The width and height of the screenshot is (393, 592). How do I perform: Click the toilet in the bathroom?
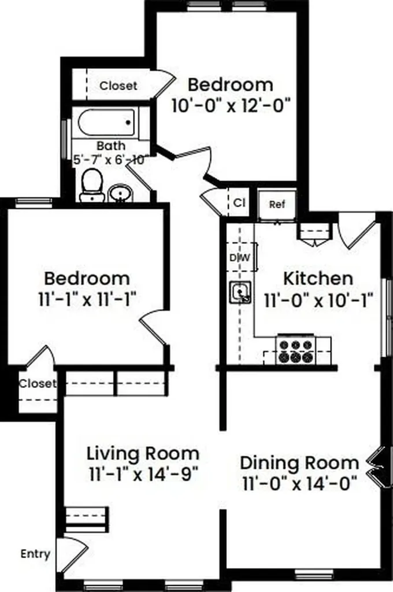tap(92, 185)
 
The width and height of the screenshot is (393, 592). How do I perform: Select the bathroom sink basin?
tap(121, 194)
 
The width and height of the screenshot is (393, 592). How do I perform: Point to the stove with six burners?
tap(296, 350)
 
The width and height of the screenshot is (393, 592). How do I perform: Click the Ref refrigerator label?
tap(277, 205)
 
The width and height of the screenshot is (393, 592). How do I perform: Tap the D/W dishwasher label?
tap(240, 258)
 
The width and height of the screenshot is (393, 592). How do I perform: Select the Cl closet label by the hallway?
tap(239, 203)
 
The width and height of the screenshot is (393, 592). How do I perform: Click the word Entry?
tap(35, 554)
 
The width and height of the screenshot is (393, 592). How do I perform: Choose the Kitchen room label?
tap(318, 279)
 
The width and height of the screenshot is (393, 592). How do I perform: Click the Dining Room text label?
tap(299, 463)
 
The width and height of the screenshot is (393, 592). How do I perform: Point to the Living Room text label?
tap(143, 453)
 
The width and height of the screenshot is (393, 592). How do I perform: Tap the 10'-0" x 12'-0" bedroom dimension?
tap(232, 106)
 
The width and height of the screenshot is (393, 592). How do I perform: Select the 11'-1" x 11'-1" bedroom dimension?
tap(87, 300)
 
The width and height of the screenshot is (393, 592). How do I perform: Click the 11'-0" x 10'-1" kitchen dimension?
tap(318, 301)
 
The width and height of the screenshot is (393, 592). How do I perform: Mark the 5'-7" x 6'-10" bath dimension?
tap(109, 160)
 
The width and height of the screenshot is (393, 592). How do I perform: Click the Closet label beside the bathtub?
tap(118, 86)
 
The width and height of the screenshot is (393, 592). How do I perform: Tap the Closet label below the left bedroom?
tap(38, 384)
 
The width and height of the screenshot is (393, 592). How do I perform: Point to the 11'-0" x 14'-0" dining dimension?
tap(299, 484)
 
